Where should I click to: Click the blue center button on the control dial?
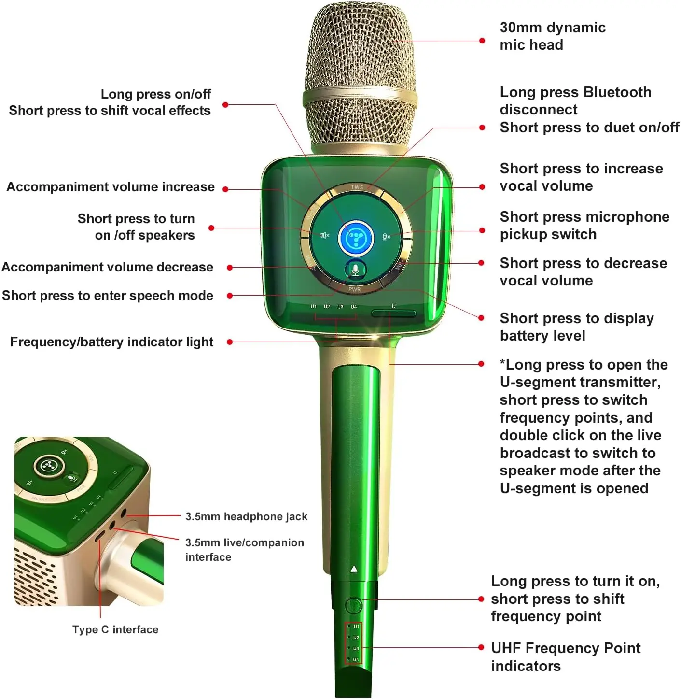click(x=356, y=237)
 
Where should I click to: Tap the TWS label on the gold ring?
click(x=357, y=187)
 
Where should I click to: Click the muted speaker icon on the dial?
click(x=325, y=235)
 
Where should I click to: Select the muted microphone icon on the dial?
click(x=386, y=236)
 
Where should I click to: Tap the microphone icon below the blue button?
click(x=356, y=270)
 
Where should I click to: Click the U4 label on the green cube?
click(x=354, y=307)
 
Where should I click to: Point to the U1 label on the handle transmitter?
click(x=356, y=627)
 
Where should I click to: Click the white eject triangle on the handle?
click(x=354, y=569)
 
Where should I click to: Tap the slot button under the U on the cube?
click(x=393, y=314)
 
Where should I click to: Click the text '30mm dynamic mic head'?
click(x=552, y=36)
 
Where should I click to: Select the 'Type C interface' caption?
click(x=115, y=629)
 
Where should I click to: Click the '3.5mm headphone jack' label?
click(x=246, y=516)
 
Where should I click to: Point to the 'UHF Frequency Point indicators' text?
click(x=565, y=656)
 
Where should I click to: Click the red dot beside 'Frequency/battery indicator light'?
click(x=230, y=342)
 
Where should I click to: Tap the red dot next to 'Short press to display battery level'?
click(x=481, y=318)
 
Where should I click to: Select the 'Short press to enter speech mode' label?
click(x=108, y=296)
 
